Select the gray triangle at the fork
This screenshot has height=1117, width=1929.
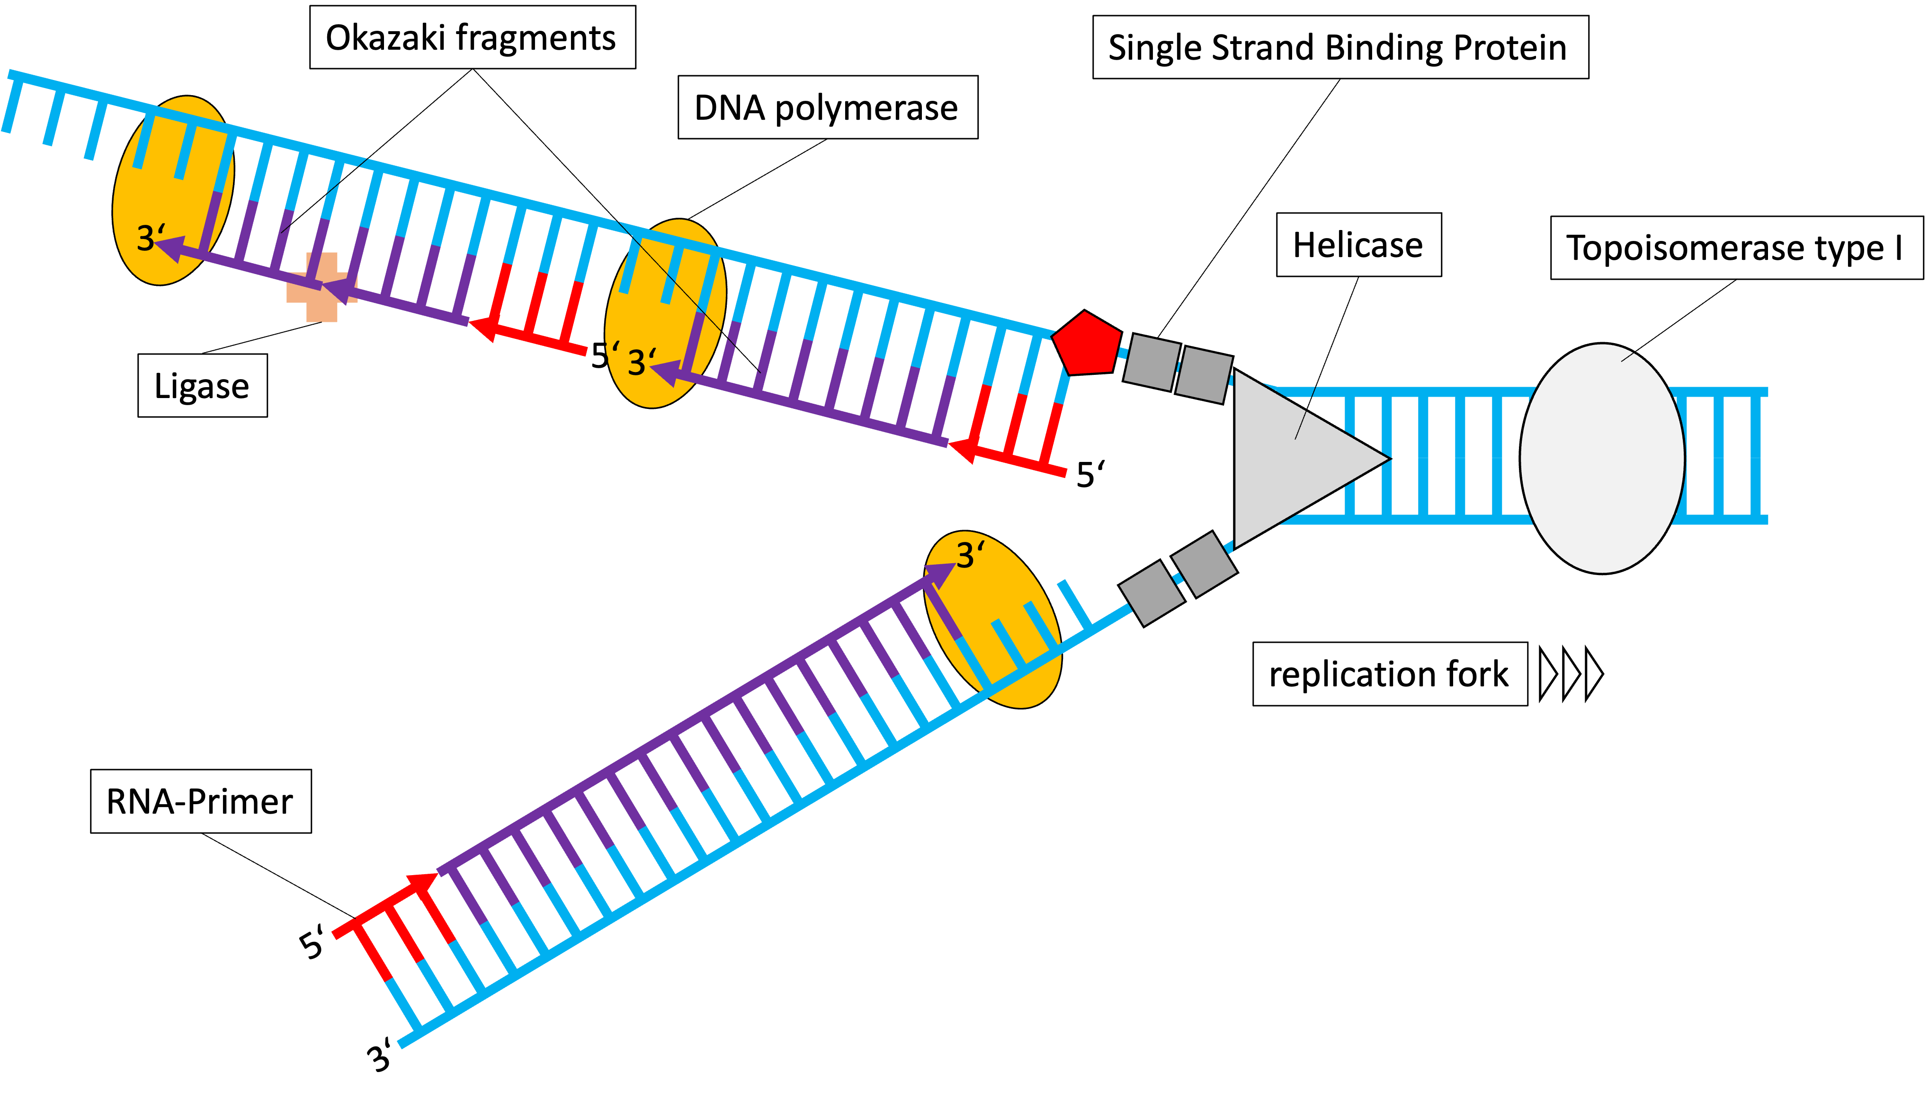tap(1294, 459)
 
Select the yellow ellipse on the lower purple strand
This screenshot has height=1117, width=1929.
tap(993, 619)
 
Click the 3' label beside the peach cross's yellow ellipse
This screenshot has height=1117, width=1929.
tap(150, 238)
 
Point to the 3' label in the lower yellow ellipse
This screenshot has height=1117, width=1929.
tap(970, 556)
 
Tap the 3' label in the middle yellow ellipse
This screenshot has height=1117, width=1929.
tap(642, 362)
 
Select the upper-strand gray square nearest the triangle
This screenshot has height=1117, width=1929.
tap(1203, 375)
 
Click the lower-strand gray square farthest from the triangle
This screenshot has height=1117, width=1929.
tap(1152, 594)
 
